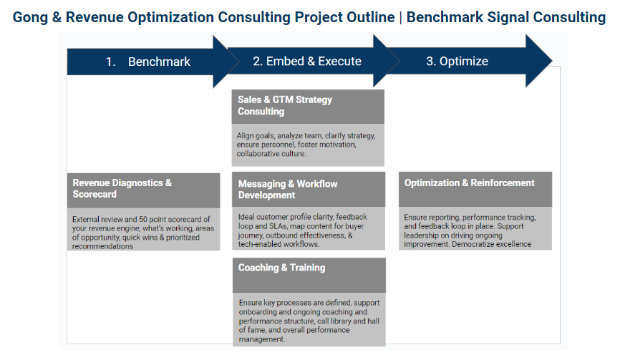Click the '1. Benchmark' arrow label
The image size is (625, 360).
[x=148, y=62]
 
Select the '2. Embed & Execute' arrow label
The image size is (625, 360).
[x=307, y=61]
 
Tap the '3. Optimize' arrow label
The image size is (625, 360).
[x=457, y=61]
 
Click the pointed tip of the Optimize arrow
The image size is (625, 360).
[x=552, y=61]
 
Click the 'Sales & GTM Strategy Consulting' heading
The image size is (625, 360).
[x=285, y=106]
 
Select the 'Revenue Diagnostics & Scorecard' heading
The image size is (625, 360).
[x=122, y=188]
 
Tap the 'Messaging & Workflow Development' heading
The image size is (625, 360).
[x=287, y=190]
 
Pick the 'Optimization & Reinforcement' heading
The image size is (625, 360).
[x=469, y=183]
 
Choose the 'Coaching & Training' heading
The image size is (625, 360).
[x=281, y=268]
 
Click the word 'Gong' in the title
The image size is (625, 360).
[x=30, y=18]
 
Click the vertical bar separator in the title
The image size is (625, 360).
[x=401, y=18]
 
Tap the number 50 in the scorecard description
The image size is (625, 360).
[x=142, y=219]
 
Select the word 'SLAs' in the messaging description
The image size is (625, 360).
[x=276, y=226]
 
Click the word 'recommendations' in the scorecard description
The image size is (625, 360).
[x=102, y=246]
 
